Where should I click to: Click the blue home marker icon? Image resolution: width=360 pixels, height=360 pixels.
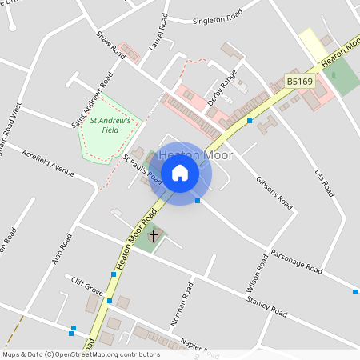180,173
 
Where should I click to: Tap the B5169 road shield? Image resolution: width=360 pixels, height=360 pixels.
298,82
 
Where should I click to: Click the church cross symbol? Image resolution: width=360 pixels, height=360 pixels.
154,235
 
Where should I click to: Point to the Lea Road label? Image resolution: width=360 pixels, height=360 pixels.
324,183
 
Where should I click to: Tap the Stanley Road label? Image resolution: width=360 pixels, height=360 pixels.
267,306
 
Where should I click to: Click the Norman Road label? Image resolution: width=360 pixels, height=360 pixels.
183,303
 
